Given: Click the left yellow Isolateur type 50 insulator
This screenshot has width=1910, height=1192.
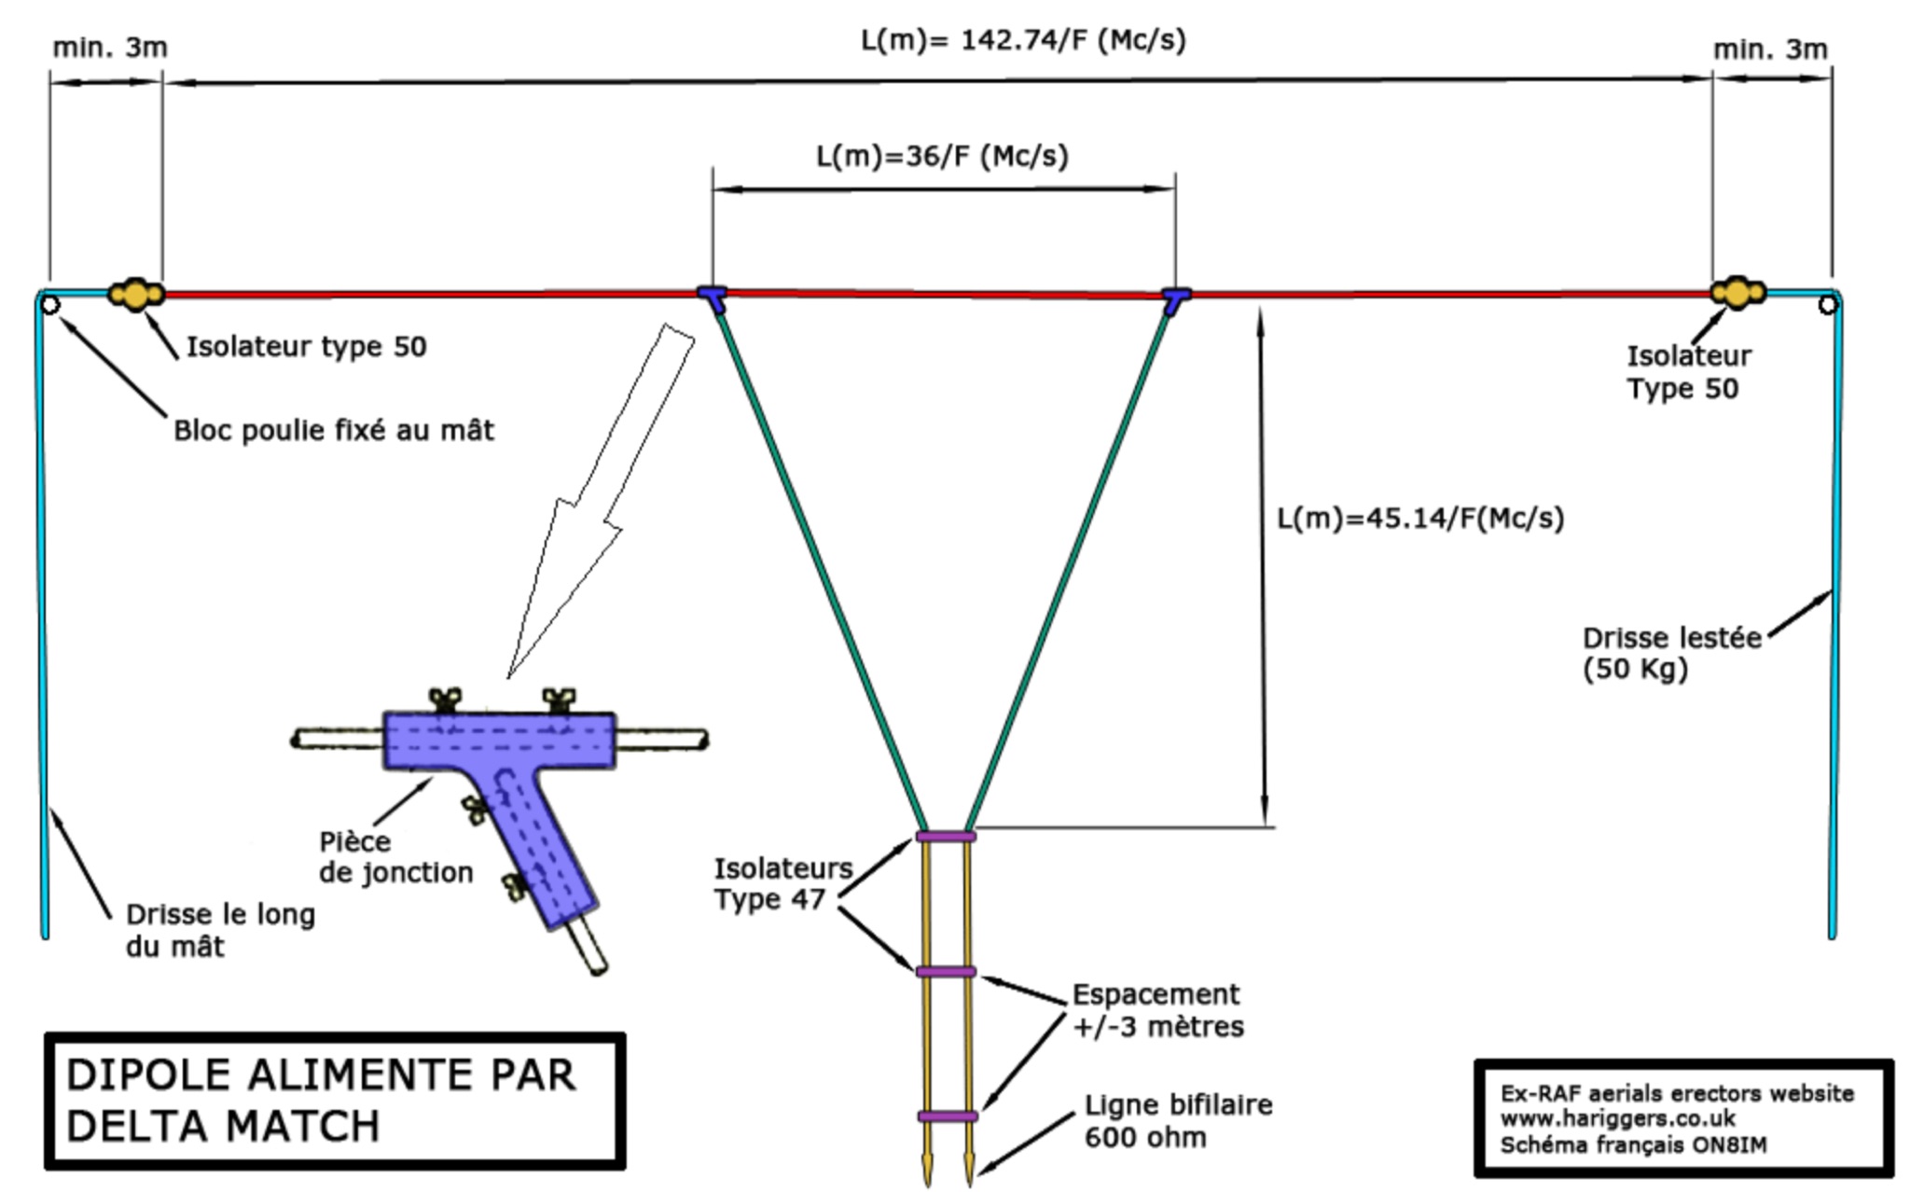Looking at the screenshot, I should pyautogui.click(x=136, y=294).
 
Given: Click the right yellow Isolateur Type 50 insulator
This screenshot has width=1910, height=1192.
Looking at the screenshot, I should pyautogui.click(x=1737, y=292).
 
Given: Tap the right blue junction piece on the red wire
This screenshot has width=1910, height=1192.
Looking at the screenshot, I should pyautogui.click(x=1176, y=299).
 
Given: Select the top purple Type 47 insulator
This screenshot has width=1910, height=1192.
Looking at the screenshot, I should pyautogui.click(x=946, y=837).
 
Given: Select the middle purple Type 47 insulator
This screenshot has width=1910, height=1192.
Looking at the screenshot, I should pyautogui.click(x=946, y=972).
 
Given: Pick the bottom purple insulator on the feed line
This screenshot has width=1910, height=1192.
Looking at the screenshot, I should pyautogui.click(x=948, y=1116).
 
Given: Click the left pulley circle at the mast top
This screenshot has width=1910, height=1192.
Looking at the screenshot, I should pyautogui.click(x=50, y=305).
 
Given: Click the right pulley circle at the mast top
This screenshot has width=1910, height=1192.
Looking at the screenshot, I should pyautogui.click(x=1828, y=304).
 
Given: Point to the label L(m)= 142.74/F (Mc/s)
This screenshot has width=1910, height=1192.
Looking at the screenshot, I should pyautogui.click(x=1023, y=40).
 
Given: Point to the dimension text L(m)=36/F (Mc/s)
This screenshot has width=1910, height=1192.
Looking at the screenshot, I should pyautogui.click(x=942, y=156).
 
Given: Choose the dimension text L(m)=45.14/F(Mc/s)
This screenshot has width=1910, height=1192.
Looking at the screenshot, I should pyautogui.click(x=1419, y=518).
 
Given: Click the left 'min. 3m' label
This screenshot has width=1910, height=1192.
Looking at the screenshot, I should pyautogui.click(x=110, y=47).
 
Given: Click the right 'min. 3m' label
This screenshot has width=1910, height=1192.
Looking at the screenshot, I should pyautogui.click(x=1770, y=49).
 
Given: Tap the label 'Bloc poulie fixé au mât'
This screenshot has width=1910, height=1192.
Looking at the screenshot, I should pyautogui.click(x=334, y=430).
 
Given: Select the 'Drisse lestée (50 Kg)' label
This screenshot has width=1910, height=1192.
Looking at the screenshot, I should pyautogui.click(x=1671, y=653).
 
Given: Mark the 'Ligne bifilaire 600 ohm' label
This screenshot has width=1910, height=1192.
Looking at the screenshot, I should pyautogui.click(x=1178, y=1121).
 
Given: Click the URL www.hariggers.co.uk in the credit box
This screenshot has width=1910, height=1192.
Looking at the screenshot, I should pyautogui.click(x=1617, y=1117).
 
